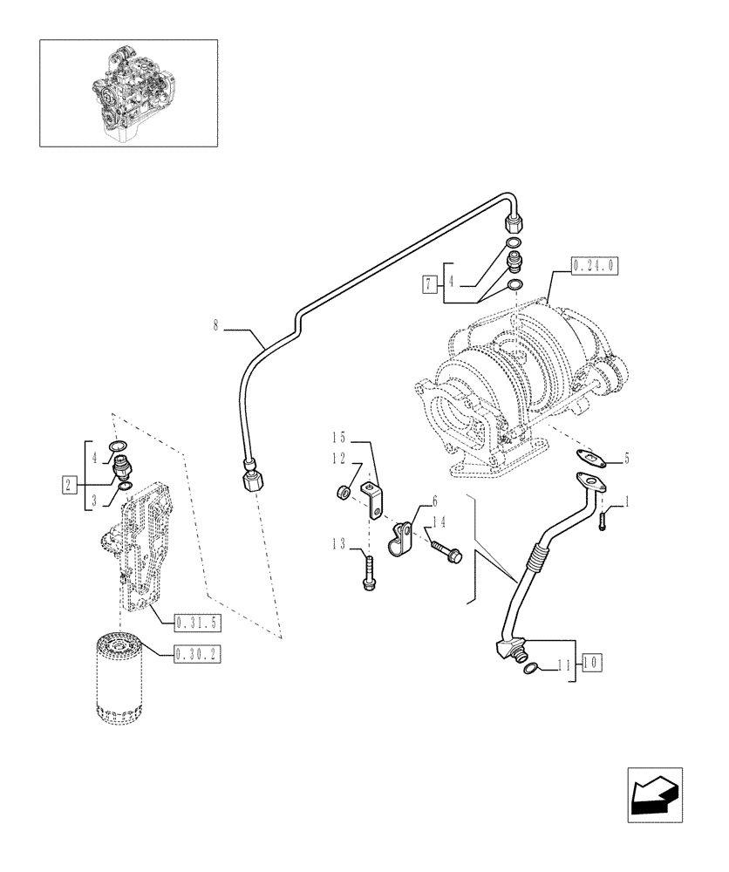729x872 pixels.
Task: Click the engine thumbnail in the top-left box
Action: pyautogui.click(x=128, y=92)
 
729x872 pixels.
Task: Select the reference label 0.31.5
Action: pyautogui.click(x=194, y=622)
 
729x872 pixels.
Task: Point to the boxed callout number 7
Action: pyautogui.click(x=428, y=283)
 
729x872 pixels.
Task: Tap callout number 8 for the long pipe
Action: pyautogui.click(x=216, y=328)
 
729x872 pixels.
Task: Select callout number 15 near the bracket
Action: pyautogui.click(x=338, y=436)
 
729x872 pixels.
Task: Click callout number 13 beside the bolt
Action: pyautogui.click(x=338, y=545)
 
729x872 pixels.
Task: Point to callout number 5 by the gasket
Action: pyautogui.click(x=625, y=460)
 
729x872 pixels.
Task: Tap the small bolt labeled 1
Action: pyautogui.click(x=602, y=520)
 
